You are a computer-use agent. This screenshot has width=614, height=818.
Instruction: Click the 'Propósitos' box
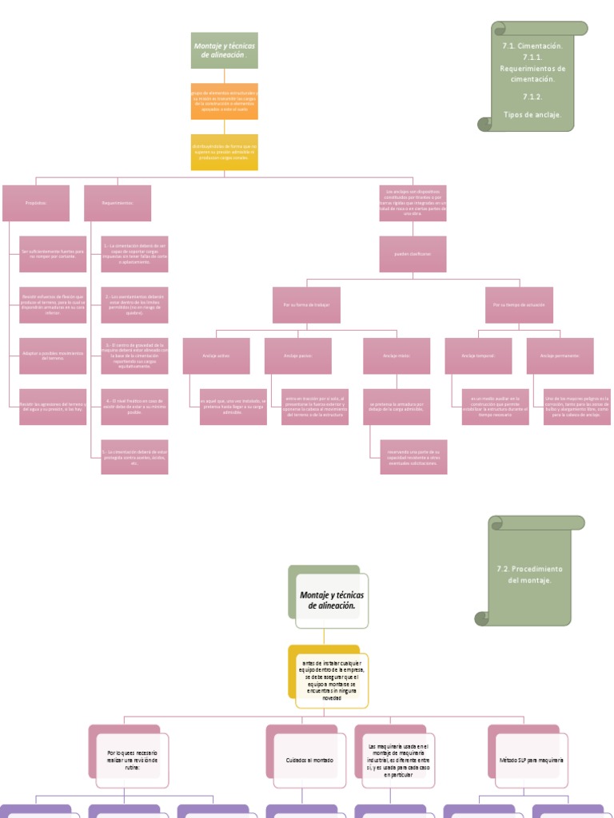(36, 203)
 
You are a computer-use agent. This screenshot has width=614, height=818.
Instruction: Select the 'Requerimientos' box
(118, 203)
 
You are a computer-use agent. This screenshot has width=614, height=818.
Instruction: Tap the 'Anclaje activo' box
(217, 355)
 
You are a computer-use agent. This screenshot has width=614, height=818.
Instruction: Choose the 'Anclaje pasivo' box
(298, 355)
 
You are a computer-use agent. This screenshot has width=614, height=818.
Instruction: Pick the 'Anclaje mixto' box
(397, 355)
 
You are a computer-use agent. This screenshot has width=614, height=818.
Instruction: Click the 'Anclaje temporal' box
(478, 355)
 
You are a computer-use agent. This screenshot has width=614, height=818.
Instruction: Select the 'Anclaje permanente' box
(560, 355)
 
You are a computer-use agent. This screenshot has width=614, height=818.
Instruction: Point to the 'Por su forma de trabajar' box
(306, 305)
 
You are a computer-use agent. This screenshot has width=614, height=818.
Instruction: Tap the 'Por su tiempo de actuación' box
(519, 305)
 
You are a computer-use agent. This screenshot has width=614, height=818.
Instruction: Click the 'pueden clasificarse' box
(413, 254)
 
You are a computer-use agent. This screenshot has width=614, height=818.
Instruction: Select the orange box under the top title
(224, 101)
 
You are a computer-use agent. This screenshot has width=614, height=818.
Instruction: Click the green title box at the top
(224, 50)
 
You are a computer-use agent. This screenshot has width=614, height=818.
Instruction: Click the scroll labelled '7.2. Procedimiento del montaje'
(530, 574)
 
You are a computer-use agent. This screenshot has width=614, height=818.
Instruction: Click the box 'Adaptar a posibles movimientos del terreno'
(54, 355)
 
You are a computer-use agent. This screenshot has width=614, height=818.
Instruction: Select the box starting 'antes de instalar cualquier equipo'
(332, 680)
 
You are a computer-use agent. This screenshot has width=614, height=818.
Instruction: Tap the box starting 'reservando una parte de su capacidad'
(413, 457)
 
